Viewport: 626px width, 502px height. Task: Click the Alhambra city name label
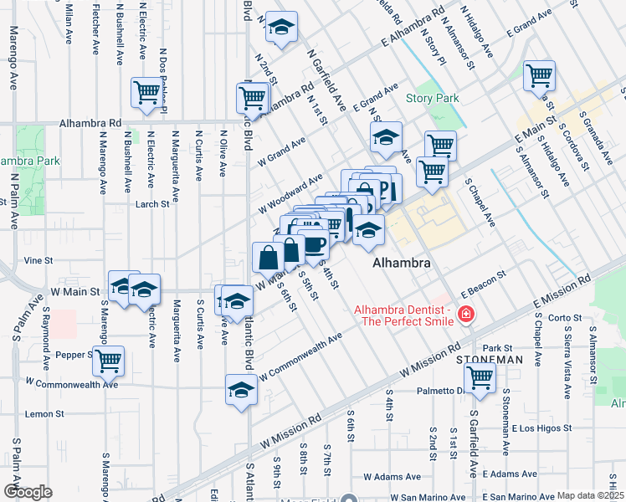[x=402, y=263]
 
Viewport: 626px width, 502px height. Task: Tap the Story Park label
[x=433, y=98]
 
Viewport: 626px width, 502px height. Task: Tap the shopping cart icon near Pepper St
[x=108, y=361]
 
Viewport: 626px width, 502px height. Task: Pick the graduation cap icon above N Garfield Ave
[x=282, y=28]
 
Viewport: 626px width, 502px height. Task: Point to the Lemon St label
[x=45, y=414]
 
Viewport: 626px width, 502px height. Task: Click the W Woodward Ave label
[x=290, y=192]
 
